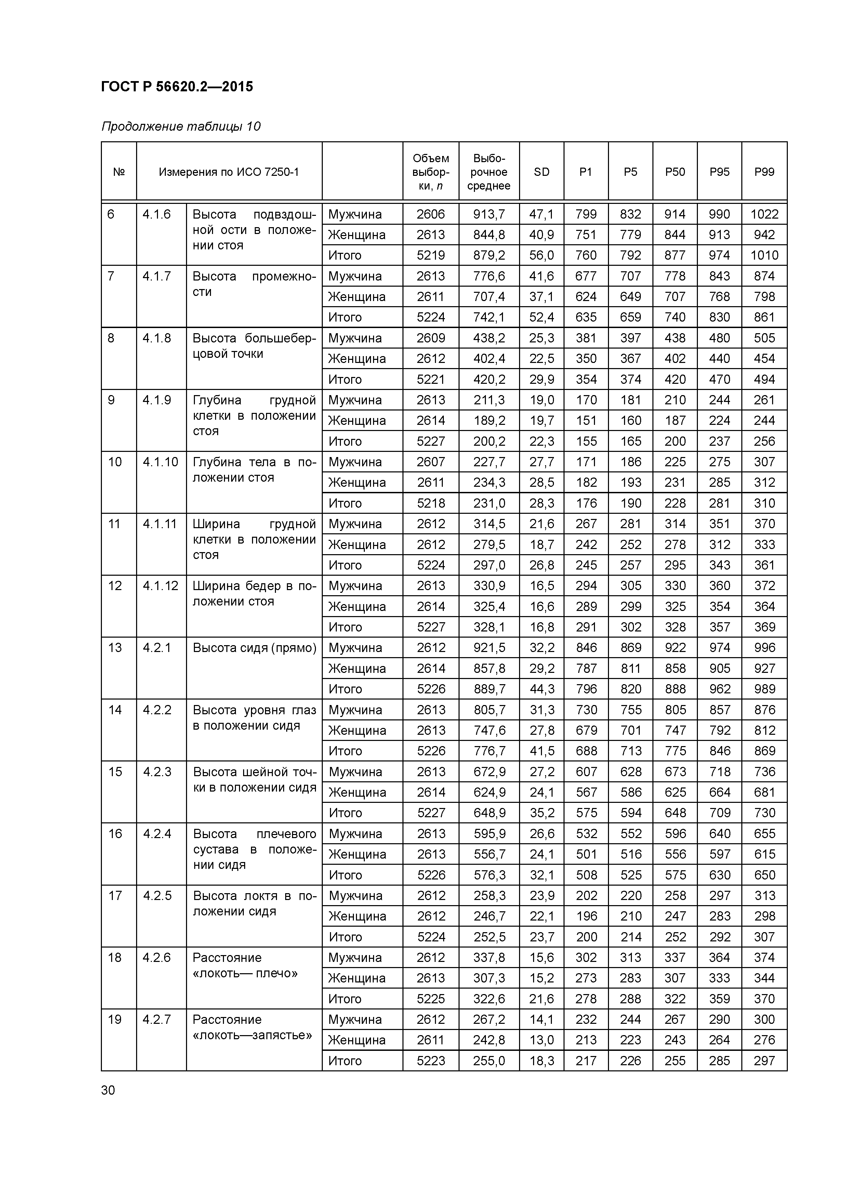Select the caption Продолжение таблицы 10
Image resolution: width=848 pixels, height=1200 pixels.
click(181, 127)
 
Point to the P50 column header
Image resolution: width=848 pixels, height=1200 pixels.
click(675, 172)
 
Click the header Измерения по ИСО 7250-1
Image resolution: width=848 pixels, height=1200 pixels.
click(229, 172)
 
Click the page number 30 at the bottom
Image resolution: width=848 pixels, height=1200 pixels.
click(108, 1090)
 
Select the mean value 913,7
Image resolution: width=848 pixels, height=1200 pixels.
click(489, 214)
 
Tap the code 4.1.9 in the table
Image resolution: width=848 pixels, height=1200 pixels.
click(157, 400)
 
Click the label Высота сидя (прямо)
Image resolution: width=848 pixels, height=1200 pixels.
click(254, 648)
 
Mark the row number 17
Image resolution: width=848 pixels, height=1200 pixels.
click(115, 896)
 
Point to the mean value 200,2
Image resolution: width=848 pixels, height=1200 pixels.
click(489, 442)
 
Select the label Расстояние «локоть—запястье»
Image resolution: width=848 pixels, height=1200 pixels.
click(252, 1028)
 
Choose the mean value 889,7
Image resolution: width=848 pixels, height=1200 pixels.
click(489, 689)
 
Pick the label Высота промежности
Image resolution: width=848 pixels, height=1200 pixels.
click(254, 284)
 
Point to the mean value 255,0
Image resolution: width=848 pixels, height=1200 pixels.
click(489, 1061)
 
